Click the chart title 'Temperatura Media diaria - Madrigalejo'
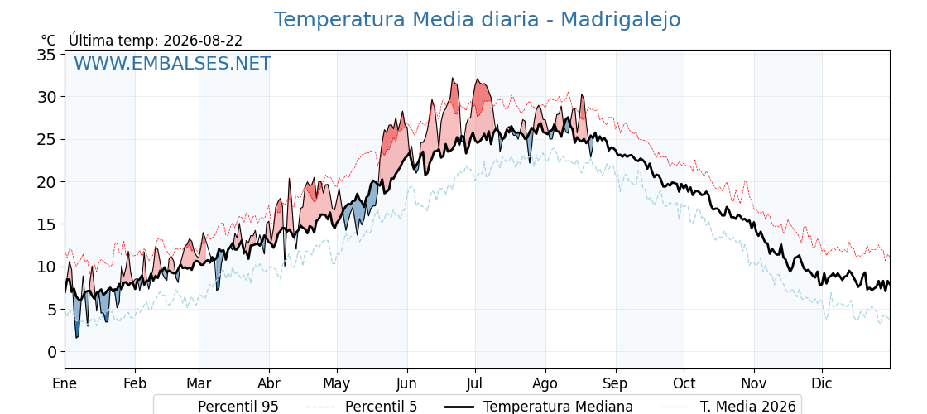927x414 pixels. [477, 20]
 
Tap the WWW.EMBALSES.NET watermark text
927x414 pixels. [172, 63]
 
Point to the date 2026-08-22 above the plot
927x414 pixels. [203, 41]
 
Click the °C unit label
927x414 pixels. [49, 41]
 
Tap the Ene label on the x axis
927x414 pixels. [65, 383]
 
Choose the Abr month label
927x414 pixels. [269, 383]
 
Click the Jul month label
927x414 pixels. [475, 383]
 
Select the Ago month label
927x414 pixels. [545, 383]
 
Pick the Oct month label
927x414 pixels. [684, 383]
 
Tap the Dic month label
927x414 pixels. [822, 383]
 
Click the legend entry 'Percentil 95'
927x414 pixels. [238, 407]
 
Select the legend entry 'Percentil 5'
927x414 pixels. [382, 407]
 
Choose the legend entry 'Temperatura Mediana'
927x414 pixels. [558, 407]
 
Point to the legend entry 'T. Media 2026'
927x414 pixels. [748, 407]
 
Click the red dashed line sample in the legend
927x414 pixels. [174, 407]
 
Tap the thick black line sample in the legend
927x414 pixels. [459, 407]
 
